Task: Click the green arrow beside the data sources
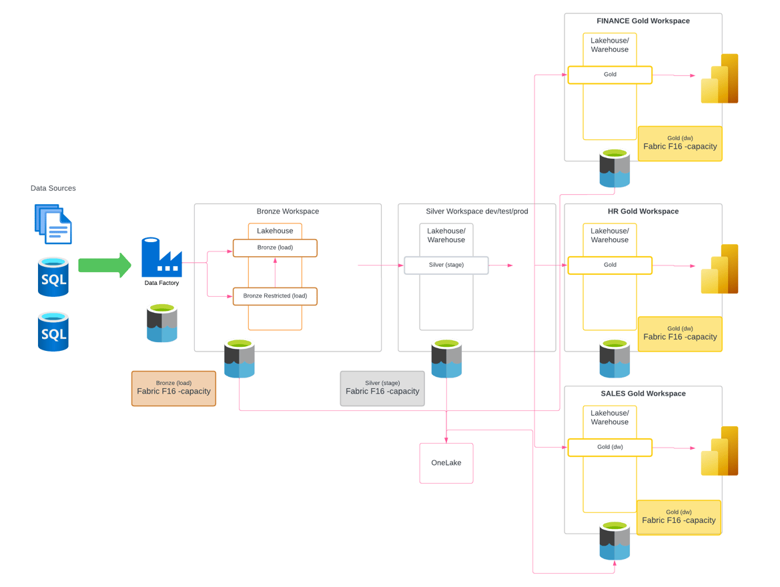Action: [104, 265]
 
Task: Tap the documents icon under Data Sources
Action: [53, 224]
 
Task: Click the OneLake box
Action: [446, 463]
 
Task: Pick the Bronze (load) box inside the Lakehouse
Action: [275, 247]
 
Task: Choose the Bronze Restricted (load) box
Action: [275, 296]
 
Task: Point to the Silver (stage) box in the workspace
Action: [446, 265]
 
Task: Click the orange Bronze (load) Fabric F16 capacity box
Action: [173, 388]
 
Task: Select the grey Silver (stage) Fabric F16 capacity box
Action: [382, 388]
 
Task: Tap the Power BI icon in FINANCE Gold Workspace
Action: [719, 79]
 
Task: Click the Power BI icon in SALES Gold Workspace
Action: [719, 451]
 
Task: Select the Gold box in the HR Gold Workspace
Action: [609, 265]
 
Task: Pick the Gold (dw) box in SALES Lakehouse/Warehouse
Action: [609, 448]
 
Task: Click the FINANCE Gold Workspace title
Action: [643, 21]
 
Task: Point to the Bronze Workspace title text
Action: [288, 211]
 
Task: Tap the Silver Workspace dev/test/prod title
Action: [476, 211]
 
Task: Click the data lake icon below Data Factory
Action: [161, 324]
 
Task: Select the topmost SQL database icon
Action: [53, 277]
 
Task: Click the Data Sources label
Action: [53, 189]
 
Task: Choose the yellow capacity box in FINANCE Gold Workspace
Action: [679, 143]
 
